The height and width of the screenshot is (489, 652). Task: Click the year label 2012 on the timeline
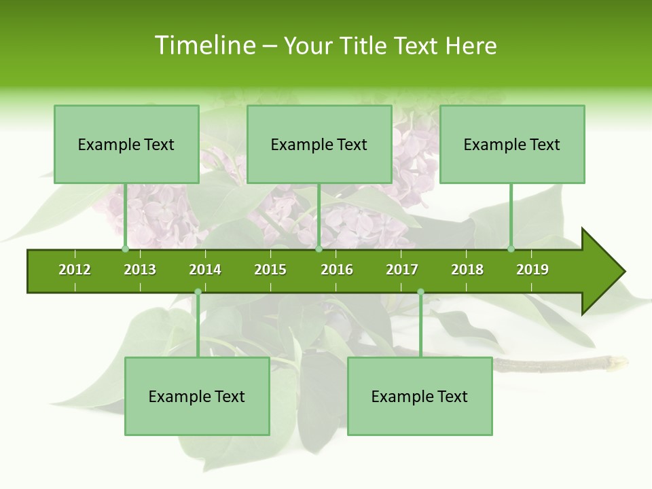pyautogui.click(x=75, y=270)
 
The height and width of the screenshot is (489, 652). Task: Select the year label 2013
pyautogui.click(x=140, y=270)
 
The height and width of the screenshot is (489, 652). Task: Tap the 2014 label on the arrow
pyautogui.click(x=205, y=270)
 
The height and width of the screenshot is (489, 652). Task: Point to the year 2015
pyautogui.click(x=270, y=270)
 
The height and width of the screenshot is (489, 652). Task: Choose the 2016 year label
pyautogui.click(x=337, y=270)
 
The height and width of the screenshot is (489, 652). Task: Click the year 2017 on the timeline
pyautogui.click(x=402, y=270)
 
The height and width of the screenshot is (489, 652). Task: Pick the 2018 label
pyautogui.click(x=467, y=270)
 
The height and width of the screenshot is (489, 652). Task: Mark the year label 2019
pyautogui.click(x=532, y=270)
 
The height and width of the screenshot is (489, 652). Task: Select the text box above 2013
pyautogui.click(x=126, y=144)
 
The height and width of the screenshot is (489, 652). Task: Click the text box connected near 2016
pyautogui.click(x=319, y=144)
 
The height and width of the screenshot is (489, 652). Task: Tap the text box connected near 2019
pyautogui.click(x=512, y=144)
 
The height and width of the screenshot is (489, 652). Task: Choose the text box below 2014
pyautogui.click(x=197, y=396)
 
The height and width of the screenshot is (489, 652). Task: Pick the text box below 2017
pyautogui.click(x=420, y=396)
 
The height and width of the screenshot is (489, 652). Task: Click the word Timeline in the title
pyautogui.click(x=204, y=46)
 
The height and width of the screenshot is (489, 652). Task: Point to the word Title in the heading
pyautogui.click(x=365, y=46)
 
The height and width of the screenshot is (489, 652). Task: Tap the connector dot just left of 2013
pyautogui.click(x=125, y=249)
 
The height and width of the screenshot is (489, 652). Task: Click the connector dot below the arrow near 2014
pyautogui.click(x=198, y=292)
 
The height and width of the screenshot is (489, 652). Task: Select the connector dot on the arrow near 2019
pyautogui.click(x=511, y=249)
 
